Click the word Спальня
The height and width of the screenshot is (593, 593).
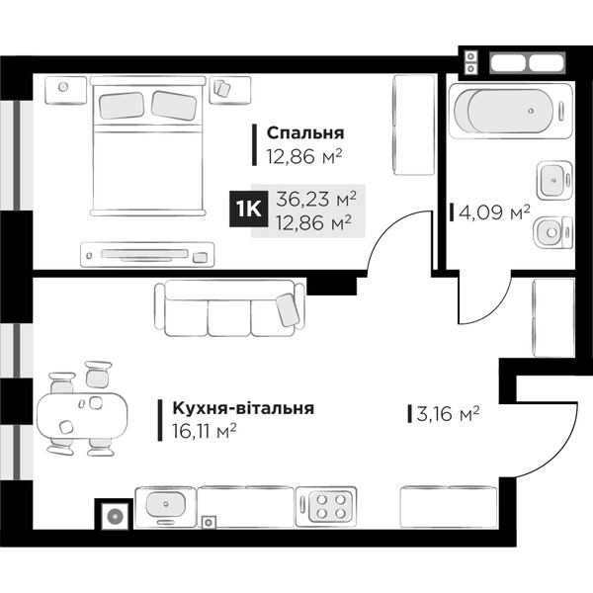pyautogui.click(x=305, y=132)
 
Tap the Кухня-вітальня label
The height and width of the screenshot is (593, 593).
pyautogui.click(x=243, y=408)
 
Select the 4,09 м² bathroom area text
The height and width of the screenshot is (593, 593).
pyautogui.click(x=494, y=212)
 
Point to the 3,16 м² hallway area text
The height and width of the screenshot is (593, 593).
pyautogui.click(x=448, y=413)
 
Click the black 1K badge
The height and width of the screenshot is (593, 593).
pyautogui.click(x=248, y=209)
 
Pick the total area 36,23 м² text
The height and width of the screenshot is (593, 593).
pyautogui.click(x=316, y=199)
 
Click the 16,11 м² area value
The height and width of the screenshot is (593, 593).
pyautogui.click(x=205, y=431)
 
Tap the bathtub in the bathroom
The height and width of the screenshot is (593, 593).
pyautogui.click(x=510, y=111)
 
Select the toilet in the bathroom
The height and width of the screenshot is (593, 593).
pyautogui.click(x=552, y=232)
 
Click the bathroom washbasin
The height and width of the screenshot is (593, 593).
pyautogui.click(x=554, y=180)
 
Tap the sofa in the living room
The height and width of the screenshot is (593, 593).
pyautogui.click(x=229, y=307)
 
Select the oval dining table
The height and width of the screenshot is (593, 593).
pyautogui.click(x=82, y=415)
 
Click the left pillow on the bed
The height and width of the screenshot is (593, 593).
pyautogui.click(x=122, y=105)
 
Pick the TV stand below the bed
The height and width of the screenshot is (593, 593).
pyautogui.click(x=147, y=255)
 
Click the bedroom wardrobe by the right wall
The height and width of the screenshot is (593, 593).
pyautogui.click(x=414, y=126)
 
